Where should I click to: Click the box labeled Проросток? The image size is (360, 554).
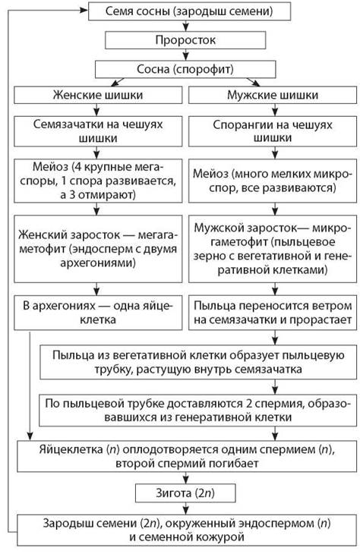[x=185, y=40]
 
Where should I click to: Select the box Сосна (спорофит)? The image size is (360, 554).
[x=185, y=69]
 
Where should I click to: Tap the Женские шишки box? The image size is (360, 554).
[x=98, y=95]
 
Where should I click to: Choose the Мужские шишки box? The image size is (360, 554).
[x=273, y=95]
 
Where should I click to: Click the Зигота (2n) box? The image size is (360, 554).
[x=185, y=493]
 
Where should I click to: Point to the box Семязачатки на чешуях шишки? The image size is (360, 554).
[x=98, y=131]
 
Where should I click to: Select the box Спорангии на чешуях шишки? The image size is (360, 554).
[x=273, y=131]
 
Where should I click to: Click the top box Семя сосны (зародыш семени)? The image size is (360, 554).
[x=189, y=11]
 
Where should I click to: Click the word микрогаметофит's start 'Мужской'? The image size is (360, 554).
[x=216, y=228]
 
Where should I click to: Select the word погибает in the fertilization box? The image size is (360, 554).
[x=233, y=464]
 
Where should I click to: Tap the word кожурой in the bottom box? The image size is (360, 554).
[x=222, y=537]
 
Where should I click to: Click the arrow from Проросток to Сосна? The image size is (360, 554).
[x=186, y=55]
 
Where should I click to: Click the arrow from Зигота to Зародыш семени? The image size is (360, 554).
[x=186, y=508]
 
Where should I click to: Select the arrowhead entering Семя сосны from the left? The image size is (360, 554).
[x=84, y=11]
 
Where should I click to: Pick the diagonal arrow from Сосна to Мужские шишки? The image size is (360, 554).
[x=253, y=82]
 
